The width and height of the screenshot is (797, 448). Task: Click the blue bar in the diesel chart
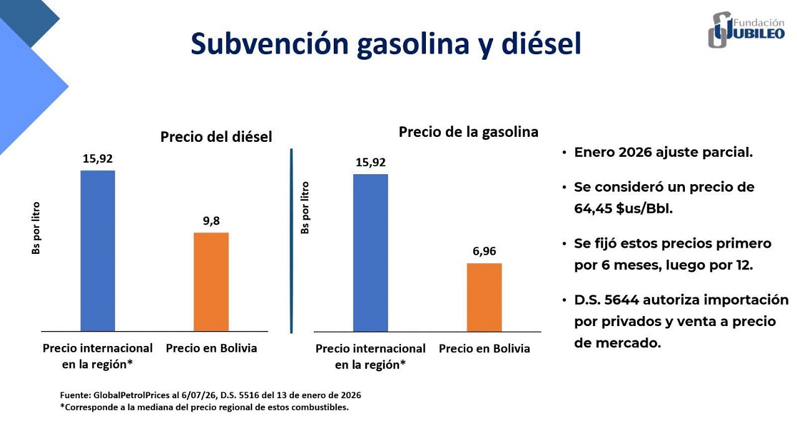click(98, 251)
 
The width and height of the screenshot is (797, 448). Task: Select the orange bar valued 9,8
click(211, 282)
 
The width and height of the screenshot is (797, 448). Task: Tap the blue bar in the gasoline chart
click(370, 253)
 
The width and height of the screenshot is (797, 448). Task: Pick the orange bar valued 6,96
click(484, 297)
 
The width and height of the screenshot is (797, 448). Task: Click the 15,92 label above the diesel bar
click(98, 159)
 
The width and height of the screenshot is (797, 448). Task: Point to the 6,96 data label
click(484, 251)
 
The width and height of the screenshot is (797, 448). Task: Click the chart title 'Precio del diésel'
click(216, 137)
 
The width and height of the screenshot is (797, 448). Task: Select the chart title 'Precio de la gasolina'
click(468, 132)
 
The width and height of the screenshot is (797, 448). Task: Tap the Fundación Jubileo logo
click(747, 29)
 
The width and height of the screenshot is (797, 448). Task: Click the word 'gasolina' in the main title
click(413, 44)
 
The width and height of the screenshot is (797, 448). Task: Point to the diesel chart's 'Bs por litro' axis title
click(36, 228)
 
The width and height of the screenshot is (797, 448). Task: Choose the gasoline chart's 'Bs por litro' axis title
click(305, 208)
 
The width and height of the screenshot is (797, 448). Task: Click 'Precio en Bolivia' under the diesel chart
click(211, 348)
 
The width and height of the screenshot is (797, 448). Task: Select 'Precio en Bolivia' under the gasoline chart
click(484, 348)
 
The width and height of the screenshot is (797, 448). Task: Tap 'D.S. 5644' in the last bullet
click(606, 300)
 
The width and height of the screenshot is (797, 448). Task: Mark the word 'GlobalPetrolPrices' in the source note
click(131, 395)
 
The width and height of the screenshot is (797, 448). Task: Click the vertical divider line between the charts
click(291, 241)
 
